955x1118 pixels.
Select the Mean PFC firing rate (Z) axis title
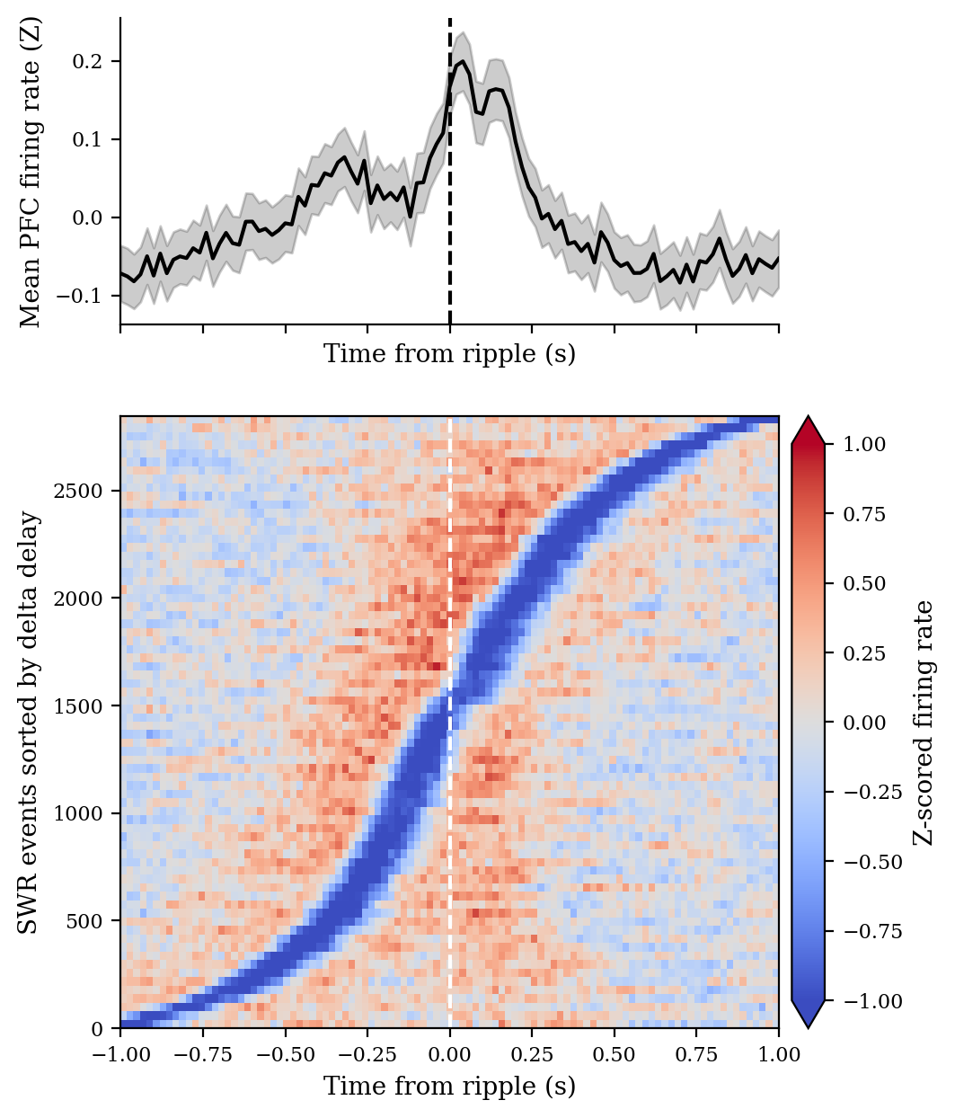[x=31, y=173]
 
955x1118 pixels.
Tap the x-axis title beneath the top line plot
[x=449, y=354]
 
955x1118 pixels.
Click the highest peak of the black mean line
[x=463, y=62]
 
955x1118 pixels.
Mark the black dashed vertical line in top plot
[x=449, y=225]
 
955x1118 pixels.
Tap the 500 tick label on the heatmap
[x=98, y=920]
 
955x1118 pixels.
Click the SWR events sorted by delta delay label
[x=31, y=722]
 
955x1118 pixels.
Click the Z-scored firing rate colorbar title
[x=924, y=722]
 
